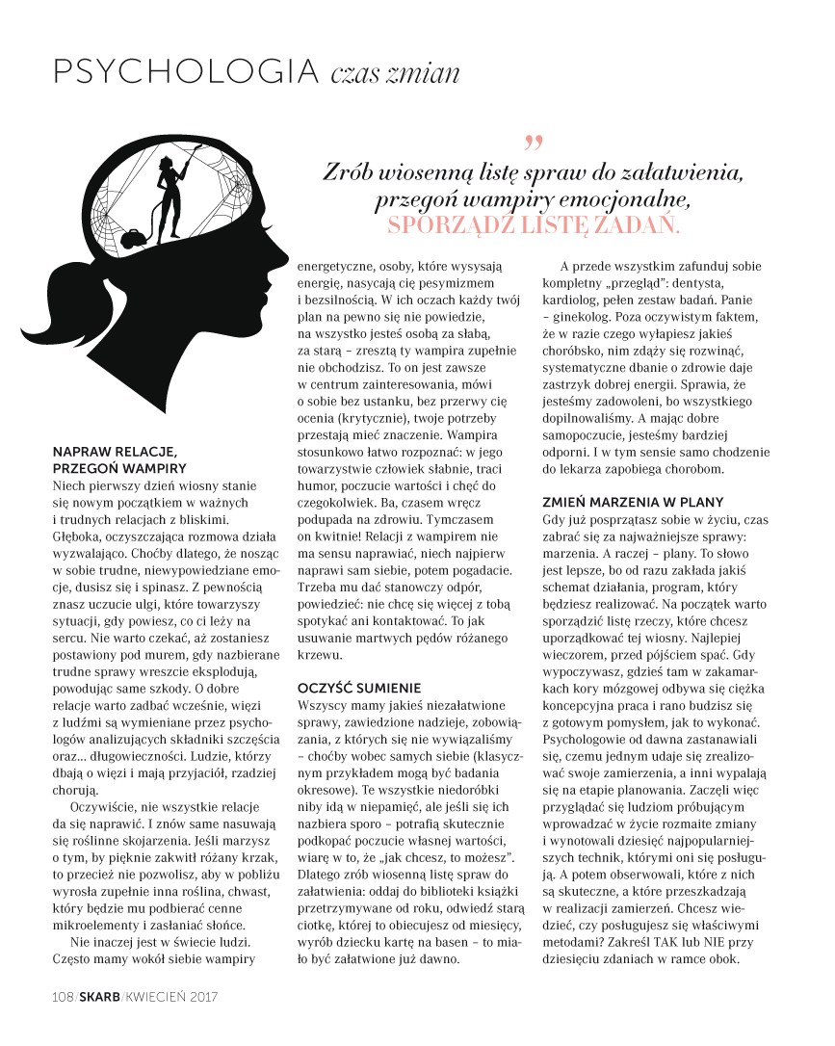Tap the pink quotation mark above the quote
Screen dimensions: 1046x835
[x=534, y=144]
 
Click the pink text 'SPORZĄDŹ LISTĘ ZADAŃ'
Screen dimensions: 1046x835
[x=533, y=224]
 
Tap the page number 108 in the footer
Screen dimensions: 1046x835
[x=64, y=996]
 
